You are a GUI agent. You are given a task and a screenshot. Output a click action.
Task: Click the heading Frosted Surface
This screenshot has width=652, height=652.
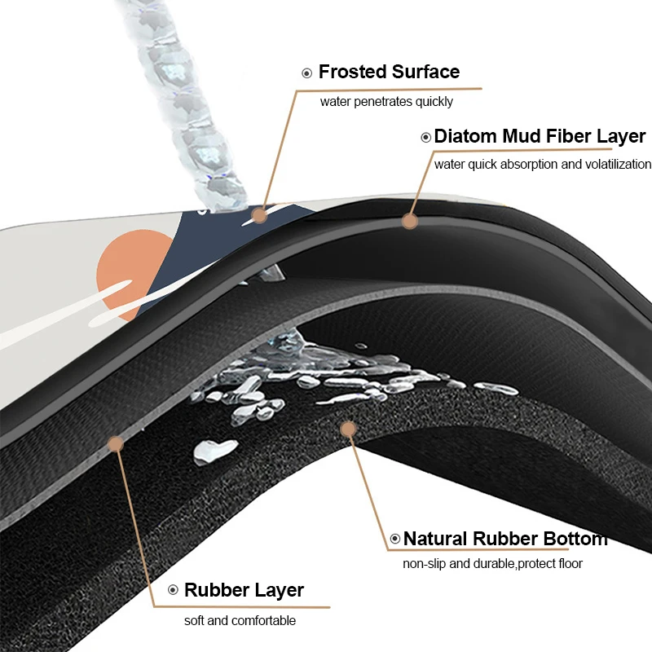coord(389,72)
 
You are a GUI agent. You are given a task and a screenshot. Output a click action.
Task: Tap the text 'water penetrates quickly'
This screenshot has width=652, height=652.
coord(386,102)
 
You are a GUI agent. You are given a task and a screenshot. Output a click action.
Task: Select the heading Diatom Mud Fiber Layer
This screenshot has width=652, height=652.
coord(540,136)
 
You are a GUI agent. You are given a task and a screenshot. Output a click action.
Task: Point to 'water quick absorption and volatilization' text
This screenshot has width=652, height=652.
coord(542,164)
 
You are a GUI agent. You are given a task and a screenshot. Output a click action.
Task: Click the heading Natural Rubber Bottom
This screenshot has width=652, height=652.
coord(505,539)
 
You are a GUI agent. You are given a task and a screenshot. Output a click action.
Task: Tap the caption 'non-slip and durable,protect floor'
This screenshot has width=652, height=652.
coord(493,563)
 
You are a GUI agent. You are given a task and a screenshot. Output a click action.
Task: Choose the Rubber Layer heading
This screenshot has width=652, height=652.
coord(244,590)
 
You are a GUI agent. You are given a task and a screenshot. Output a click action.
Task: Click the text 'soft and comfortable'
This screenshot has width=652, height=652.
coord(240,620)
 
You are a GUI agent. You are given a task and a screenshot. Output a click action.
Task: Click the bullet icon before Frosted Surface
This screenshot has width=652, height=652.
coord(307,73)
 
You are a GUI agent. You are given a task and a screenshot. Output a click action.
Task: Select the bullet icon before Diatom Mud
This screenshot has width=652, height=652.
coord(425,137)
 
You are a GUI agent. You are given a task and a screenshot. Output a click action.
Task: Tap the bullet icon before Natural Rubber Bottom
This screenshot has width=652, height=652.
coord(395,539)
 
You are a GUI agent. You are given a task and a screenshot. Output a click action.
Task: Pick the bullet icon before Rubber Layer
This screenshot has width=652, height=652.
coord(172,590)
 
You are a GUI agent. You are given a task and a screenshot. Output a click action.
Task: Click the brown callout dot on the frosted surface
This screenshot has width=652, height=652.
coord(259,215)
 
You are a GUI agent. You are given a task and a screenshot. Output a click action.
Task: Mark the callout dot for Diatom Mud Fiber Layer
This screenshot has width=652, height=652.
coord(409,220)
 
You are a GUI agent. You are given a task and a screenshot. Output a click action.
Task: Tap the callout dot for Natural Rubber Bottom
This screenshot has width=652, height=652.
coord(348,427)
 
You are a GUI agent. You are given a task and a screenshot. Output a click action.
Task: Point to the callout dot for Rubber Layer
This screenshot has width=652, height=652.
coord(116,443)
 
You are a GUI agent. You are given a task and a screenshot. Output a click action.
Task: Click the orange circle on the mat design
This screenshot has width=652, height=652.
coord(130,265)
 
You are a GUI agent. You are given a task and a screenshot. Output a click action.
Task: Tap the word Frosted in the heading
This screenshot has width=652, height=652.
coord(352,72)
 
